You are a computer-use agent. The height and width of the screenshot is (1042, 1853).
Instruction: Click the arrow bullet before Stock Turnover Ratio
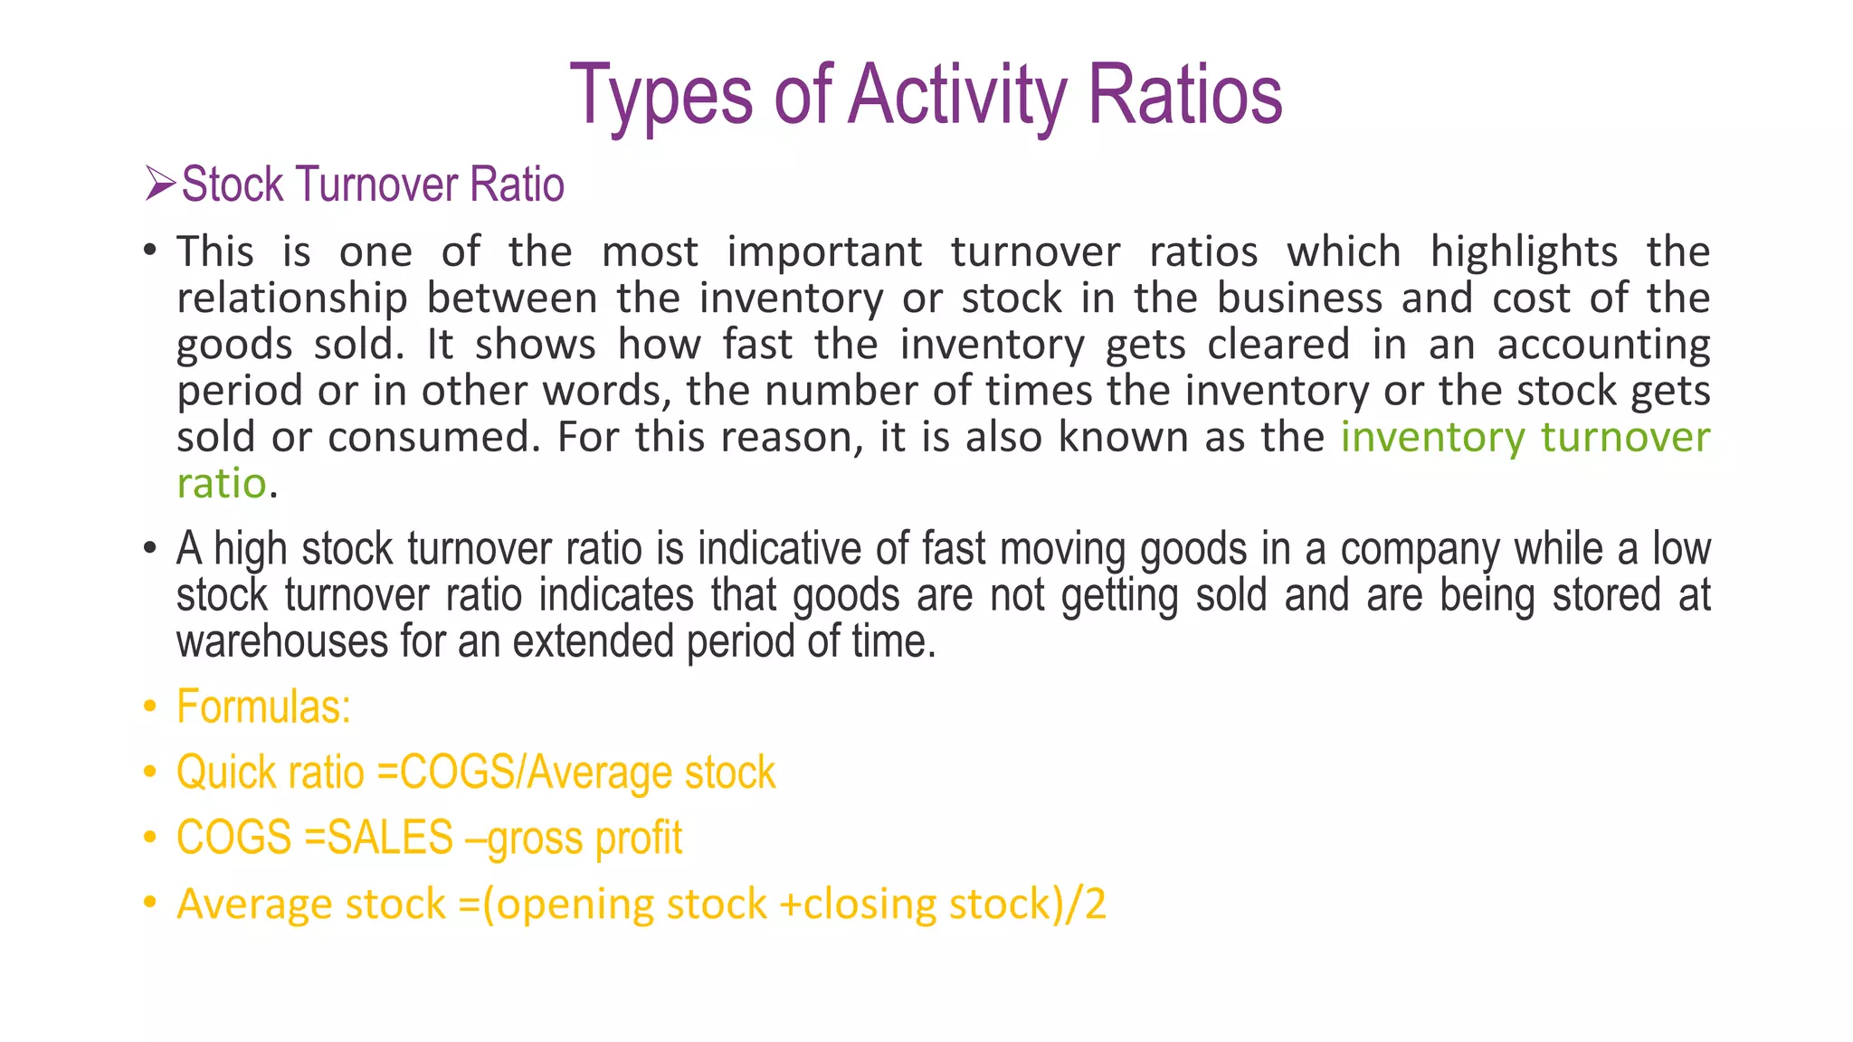[160, 184]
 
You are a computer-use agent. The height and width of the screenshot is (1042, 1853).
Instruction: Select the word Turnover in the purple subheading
[378, 185]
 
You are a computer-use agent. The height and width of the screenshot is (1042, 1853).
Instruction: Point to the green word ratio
[222, 484]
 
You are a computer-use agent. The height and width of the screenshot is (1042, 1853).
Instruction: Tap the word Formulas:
[263, 706]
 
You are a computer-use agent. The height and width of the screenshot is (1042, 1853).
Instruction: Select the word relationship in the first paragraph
[292, 298]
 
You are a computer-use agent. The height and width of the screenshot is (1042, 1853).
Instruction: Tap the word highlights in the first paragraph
[1524, 252]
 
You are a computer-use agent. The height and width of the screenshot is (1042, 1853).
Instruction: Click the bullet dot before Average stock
[150, 903]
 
